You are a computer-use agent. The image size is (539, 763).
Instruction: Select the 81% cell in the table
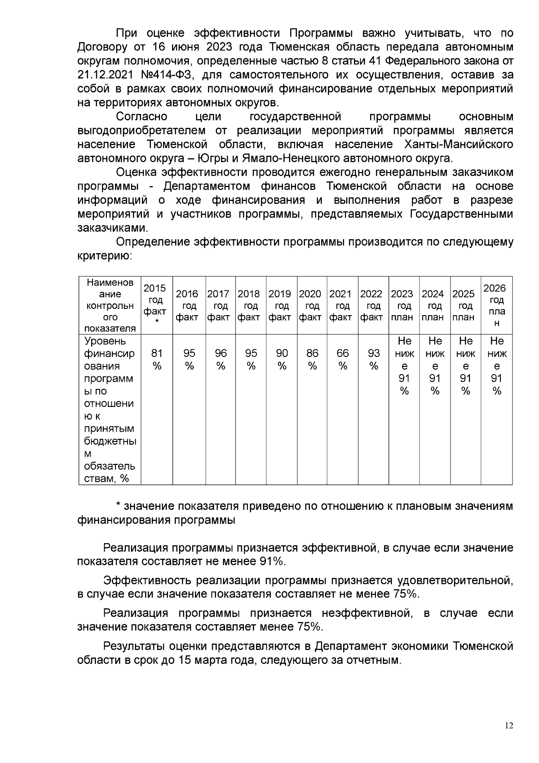coord(157,359)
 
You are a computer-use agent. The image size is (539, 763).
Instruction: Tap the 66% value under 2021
coord(343,359)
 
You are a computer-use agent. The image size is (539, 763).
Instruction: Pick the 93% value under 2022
coord(373,359)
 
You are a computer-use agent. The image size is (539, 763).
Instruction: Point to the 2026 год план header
coord(496,305)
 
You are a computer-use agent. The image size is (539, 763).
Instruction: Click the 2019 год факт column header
coord(281,305)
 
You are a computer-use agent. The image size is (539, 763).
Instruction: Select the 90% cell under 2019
coord(282,359)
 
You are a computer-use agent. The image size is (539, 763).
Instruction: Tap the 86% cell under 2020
coord(312,359)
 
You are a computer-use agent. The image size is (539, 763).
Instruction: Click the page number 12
coord(509,725)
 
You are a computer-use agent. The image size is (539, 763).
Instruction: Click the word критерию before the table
coord(104,256)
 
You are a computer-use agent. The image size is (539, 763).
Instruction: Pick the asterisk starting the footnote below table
coord(118,506)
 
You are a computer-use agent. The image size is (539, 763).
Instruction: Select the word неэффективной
coord(367,613)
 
